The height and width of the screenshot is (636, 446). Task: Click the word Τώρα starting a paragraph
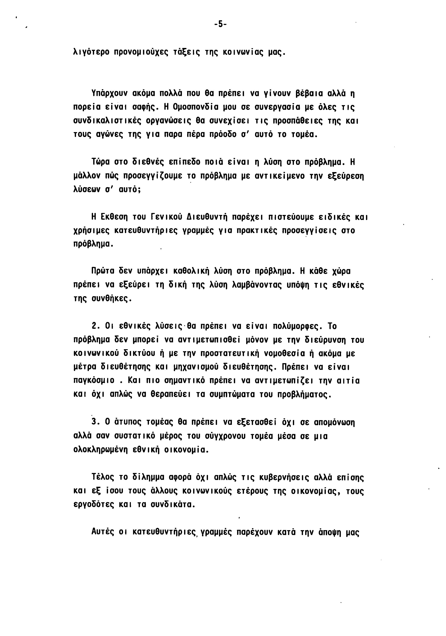[x=101, y=162]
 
